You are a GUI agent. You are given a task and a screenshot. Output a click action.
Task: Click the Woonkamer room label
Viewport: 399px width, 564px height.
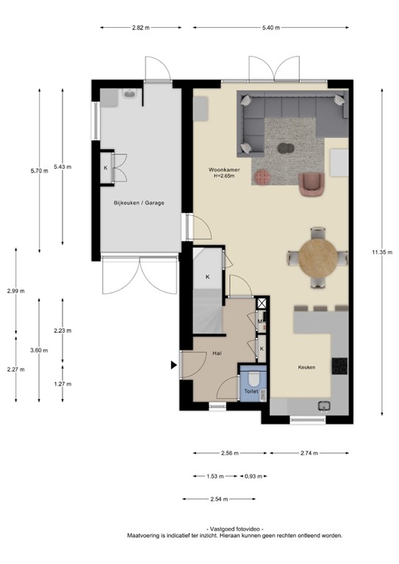(x=223, y=170)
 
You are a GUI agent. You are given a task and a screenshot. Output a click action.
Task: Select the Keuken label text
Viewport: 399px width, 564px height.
(x=306, y=367)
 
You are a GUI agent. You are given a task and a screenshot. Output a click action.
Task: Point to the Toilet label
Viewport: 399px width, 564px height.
(x=251, y=392)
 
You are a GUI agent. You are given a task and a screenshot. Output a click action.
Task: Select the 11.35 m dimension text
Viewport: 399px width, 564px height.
(x=382, y=252)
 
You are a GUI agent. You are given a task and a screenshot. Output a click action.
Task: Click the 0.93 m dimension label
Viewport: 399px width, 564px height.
(x=254, y=475)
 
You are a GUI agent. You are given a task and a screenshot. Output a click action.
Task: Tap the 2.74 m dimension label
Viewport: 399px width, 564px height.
(x=309, y=453)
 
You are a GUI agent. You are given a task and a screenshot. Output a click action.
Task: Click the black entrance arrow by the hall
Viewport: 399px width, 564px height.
(x=174, y=365)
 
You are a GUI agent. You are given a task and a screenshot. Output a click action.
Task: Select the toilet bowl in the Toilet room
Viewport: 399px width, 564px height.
(x=252, y=379)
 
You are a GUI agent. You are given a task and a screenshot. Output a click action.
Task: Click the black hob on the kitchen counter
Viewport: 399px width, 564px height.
(x=339, y=365)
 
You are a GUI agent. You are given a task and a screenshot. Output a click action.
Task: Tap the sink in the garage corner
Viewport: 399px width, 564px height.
(x=129, y=94)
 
